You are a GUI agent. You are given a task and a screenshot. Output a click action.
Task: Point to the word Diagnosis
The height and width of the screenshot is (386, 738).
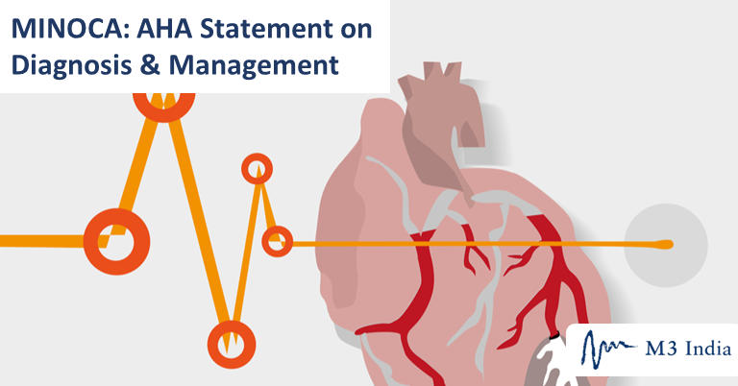point(70,65)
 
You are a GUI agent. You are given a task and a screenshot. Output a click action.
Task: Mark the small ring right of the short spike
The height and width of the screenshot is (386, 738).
point(278,241)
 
